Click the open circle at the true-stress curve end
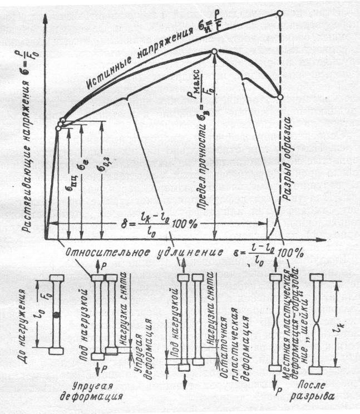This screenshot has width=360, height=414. pyautogui.click(x=280, y=12)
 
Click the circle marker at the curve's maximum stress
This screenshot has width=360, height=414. pyautogui.click(x=214, y=52)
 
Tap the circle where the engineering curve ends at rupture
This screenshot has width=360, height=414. pyautogui.click(x=280, y=97)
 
